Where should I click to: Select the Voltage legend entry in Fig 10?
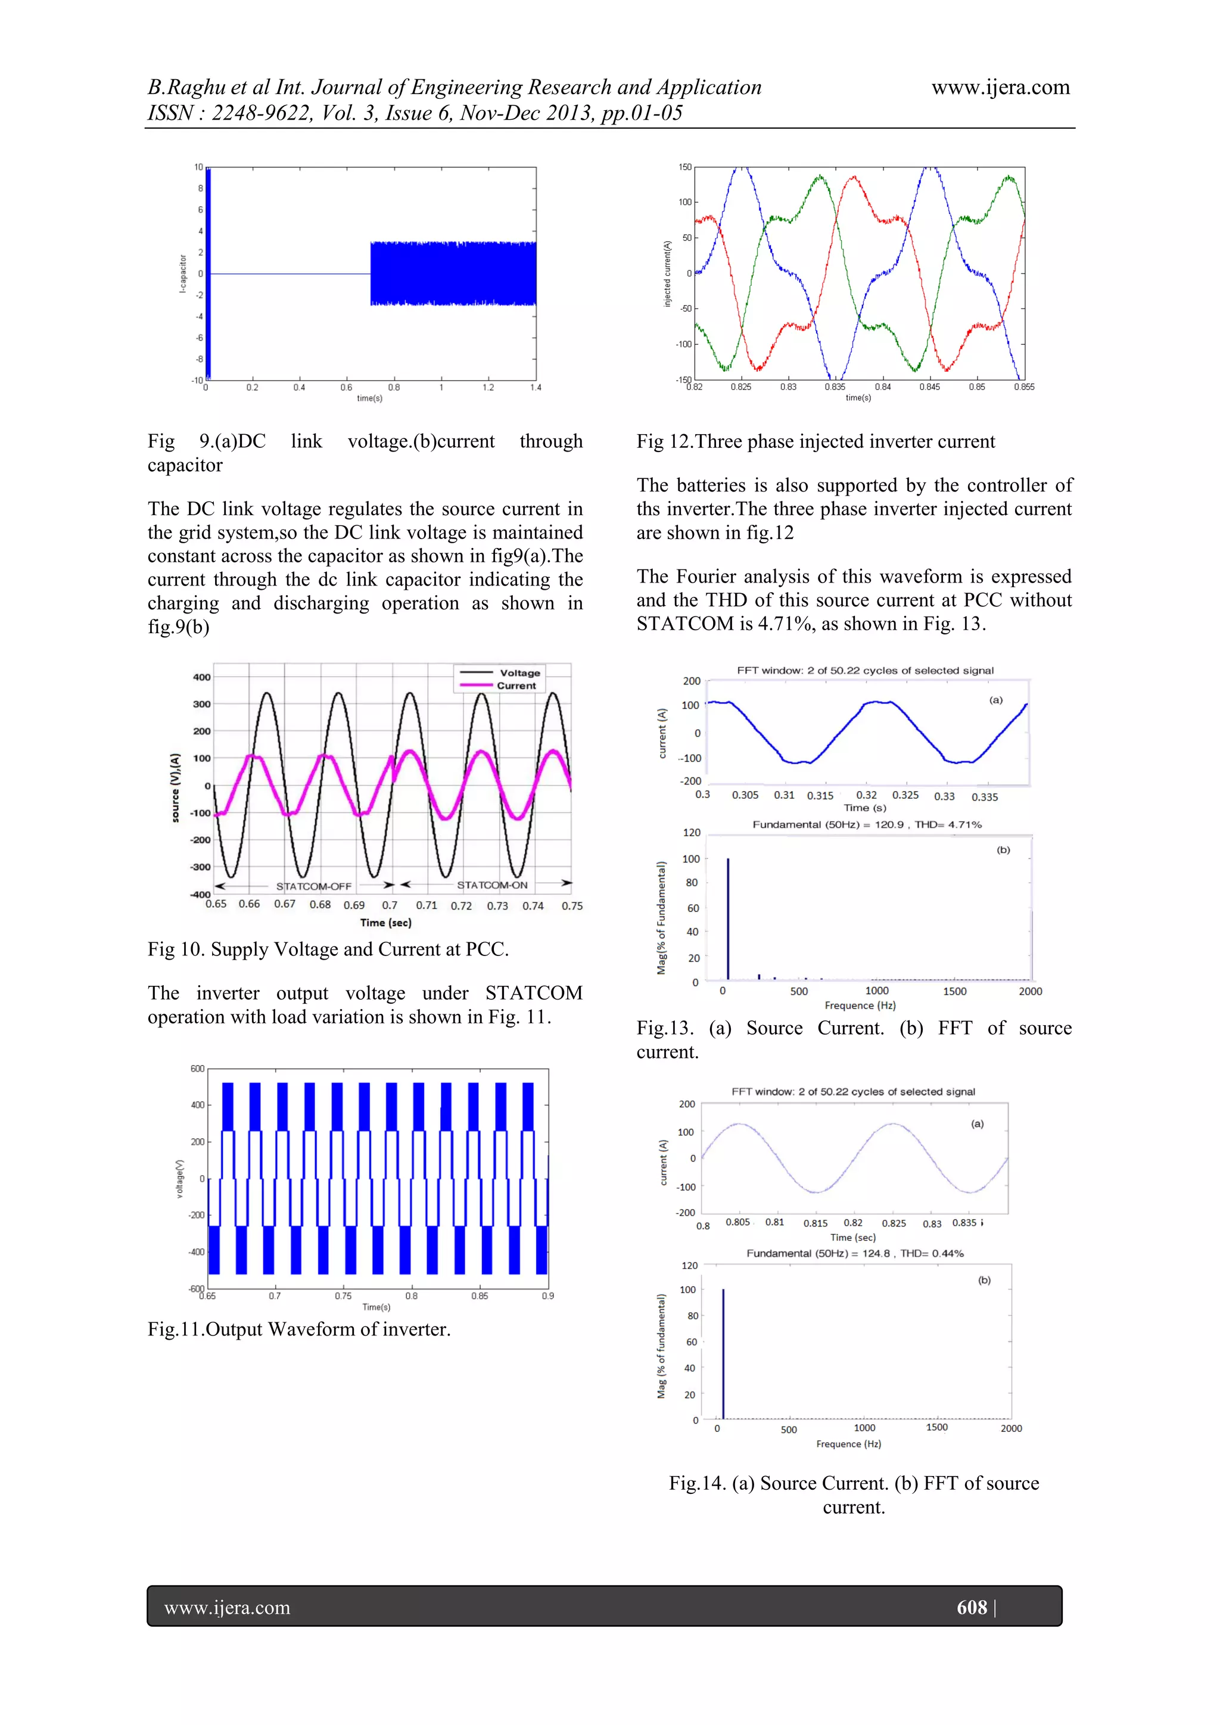click(x=519, y=672)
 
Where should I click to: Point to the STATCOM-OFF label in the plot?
click(x=313, y=886)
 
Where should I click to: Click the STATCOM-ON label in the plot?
click(x=492, y=885)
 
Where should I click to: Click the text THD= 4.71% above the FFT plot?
click(x=947, y=824)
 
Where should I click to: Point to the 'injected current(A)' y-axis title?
click(x=667, y=273)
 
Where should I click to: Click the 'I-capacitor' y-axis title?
click(x=182, y=273)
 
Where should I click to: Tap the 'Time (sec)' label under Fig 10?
click(x=385, y=923)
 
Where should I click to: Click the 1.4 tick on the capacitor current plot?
click(x=535, y=388)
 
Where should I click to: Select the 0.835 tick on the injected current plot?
click(x=835, y=387)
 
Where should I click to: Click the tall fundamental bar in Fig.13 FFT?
click(x=728, y=918)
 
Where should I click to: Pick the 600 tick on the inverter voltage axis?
click(x=197, y=1069)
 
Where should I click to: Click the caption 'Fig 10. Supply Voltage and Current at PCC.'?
click(x=328, y=949)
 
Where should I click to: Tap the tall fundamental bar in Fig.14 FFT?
click(x=723, y=1352)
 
